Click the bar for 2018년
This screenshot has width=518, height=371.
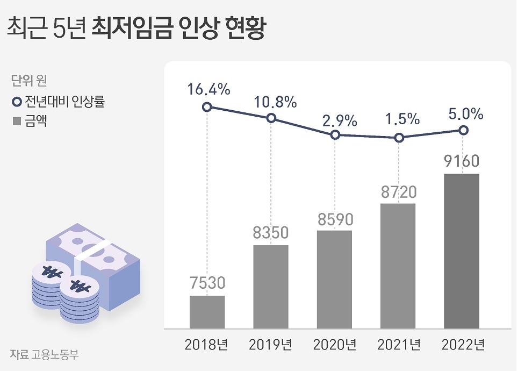click(x=207, y=312)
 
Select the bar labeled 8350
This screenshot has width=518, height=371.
click(x=271, y=287)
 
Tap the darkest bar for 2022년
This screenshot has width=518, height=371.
click(x=462, y=251)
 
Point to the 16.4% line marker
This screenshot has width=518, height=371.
click(x=207, y=107)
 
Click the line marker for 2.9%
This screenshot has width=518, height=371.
click(x=335, y=135)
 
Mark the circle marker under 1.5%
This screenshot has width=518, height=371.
click(x=399, y=138)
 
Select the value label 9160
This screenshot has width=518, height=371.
click(x=462, y=161)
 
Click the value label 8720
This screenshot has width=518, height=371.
click(x=398, y=191)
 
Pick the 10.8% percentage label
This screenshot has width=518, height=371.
click(x=272, y=101)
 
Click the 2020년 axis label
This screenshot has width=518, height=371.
click(x=334, y=345)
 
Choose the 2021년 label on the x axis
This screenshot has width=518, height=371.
click(x=398, y=345)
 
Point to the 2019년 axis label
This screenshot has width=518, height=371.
click(x=271, y=345)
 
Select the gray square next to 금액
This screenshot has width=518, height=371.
click(x=16, y=122)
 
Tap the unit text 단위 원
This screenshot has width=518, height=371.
click(x=29, y=82)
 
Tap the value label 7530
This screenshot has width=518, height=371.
click(x=207, y=283)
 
